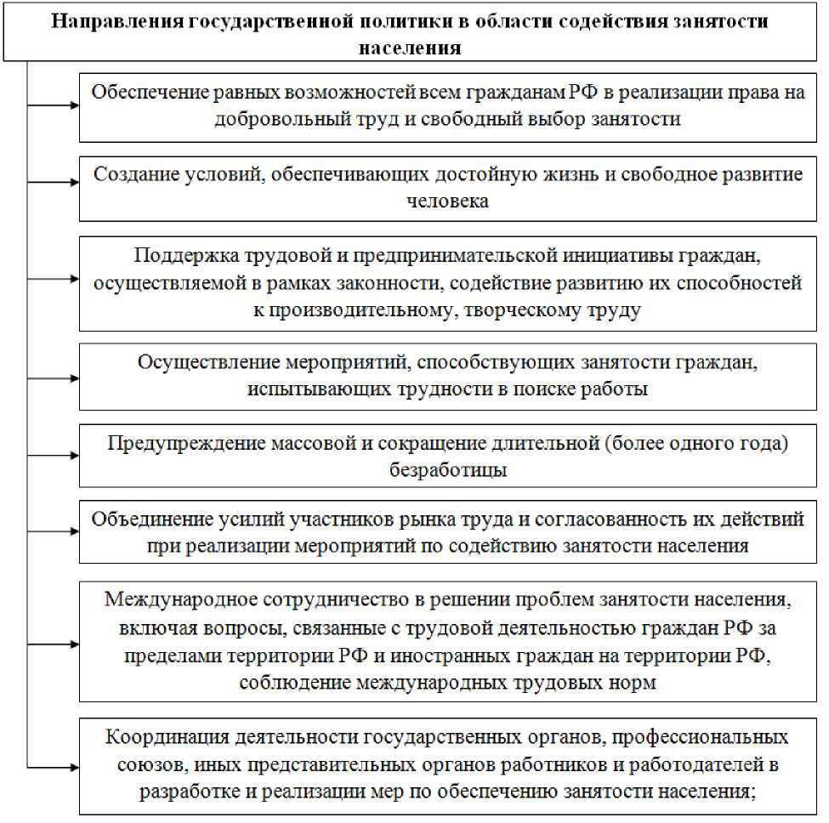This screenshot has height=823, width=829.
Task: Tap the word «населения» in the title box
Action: pyautogui.click(x=411, y=47)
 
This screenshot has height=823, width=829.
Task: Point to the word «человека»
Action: pyautogui.click(x=448, y=201)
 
